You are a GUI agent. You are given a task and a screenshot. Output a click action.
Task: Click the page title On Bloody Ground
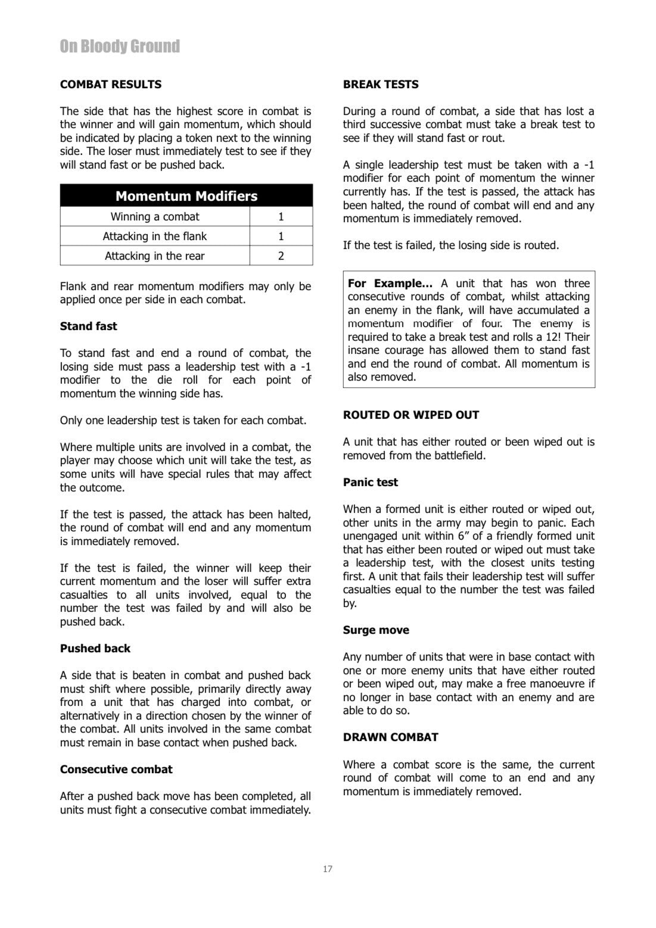(x=120, y=46)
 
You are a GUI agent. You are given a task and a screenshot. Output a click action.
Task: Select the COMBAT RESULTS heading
(x=110, y=85)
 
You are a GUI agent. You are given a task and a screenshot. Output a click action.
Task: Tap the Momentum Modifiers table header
(x=186, y=196)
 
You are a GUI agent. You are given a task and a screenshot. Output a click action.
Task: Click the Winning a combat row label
(x=155, y=217)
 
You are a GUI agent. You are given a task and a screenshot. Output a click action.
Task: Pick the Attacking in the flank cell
(x=155, y=236)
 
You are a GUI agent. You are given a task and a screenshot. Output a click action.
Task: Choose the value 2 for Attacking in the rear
(x=281, y=256)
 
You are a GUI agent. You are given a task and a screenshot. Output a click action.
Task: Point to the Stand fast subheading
(x=88, y=326)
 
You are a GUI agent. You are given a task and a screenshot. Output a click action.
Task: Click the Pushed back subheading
(x=95, y=649)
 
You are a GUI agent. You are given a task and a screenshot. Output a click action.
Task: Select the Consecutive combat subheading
(x=116, y=770)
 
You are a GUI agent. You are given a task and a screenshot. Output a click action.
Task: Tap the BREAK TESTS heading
(x=380, y=85)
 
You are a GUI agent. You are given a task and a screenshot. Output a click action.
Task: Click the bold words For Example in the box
(x=390, y=284)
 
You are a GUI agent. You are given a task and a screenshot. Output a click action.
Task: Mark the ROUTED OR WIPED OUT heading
(x=411, y=415)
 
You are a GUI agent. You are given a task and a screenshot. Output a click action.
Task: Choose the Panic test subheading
(x=370, y=482)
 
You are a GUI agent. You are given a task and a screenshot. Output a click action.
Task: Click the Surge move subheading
(x=375, y=630)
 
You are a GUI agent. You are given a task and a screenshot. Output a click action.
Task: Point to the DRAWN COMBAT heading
(x=390, y=737)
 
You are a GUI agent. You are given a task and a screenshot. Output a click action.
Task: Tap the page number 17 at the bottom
(x=328, y=869)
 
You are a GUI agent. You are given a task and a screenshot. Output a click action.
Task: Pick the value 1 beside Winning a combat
(x=281, y=217)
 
